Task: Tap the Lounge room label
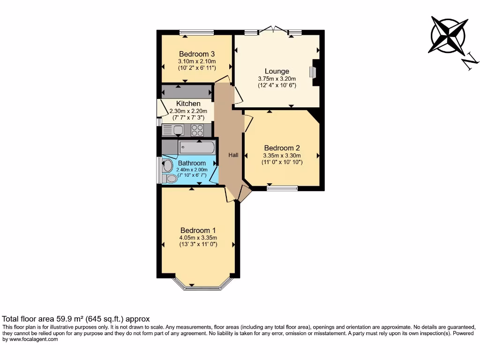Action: pos(277,71)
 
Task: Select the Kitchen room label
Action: pos(188,104)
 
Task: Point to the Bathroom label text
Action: pos(191,163)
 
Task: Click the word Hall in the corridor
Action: pos(233,155)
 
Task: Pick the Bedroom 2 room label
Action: pos(282,148)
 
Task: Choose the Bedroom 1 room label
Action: pos(198,230)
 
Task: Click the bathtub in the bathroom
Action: pos(197,148)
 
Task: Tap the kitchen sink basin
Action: pos(178,130)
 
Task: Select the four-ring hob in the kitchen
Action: pos(197,130)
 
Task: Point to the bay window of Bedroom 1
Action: pos(202,285)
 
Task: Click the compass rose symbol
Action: pos(448,36)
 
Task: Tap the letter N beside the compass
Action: pos(470,62)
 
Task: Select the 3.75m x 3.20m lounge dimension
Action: pos(277,79)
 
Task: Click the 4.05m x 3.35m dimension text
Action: pos(198,238)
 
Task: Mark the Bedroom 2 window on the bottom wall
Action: pos(282,188)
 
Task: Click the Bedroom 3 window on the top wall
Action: pos(196,33)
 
